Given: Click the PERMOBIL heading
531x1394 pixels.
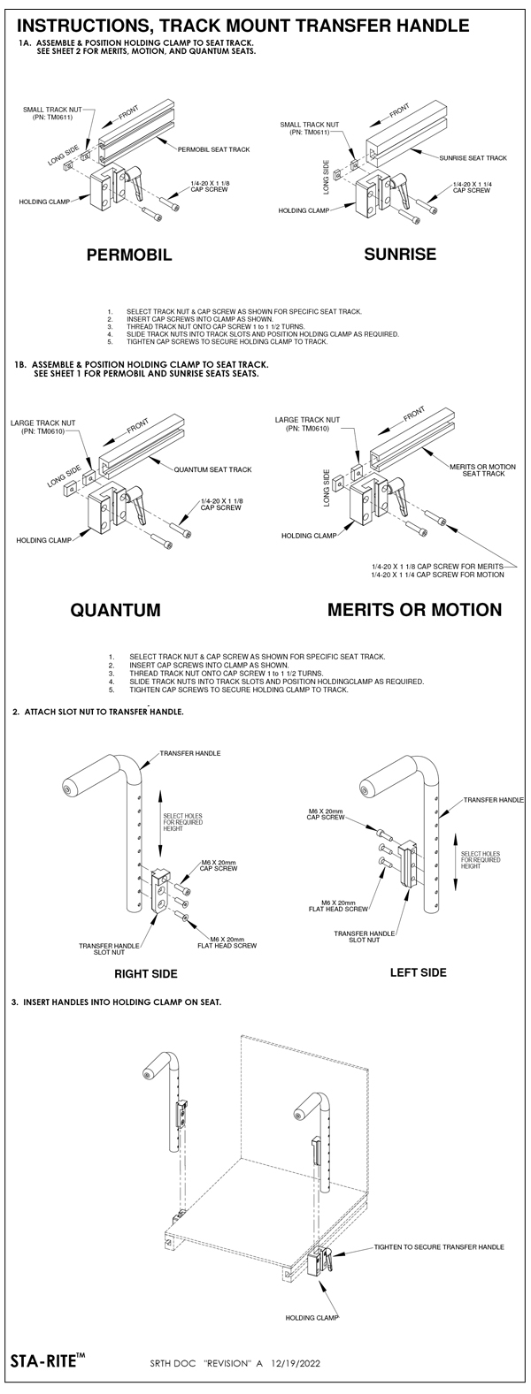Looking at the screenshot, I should pos(129,255).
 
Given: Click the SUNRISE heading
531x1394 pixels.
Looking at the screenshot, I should pos(400,255).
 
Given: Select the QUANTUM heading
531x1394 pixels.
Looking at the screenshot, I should pos(115,610).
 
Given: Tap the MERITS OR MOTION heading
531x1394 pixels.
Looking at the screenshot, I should pos(414,610).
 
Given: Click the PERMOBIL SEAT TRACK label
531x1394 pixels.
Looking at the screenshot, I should pos(213,149).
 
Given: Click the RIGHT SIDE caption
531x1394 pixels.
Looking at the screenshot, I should pos(146,973).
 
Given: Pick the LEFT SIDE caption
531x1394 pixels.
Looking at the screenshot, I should pos(418,972).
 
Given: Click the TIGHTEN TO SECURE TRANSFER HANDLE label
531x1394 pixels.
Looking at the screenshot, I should pos(439,1246).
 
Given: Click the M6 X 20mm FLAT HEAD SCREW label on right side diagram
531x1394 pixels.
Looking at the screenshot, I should pos(233,941).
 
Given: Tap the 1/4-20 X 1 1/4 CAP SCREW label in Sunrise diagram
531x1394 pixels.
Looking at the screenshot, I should pos(471,187).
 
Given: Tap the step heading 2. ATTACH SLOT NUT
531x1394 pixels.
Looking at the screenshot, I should pos(97,712).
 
